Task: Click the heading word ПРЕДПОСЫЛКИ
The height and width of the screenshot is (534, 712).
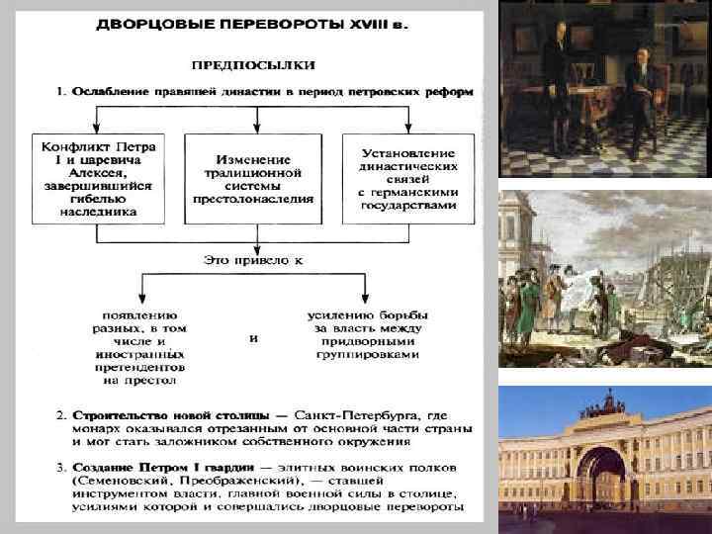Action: (x=255, y=65)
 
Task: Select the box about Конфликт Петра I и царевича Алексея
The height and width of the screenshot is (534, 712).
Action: (x=97, y=177)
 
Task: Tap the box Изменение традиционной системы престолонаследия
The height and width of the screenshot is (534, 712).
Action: (x=255, y=177)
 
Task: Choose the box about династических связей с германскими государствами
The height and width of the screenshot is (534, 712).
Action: (x=408, y=179)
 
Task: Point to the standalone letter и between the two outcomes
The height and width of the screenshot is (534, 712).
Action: (x=254, y=337)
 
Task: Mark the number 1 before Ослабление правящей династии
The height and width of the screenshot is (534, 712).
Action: (x=58, y=91)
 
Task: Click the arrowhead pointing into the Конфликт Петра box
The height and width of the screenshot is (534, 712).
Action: (x=96, y=128)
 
